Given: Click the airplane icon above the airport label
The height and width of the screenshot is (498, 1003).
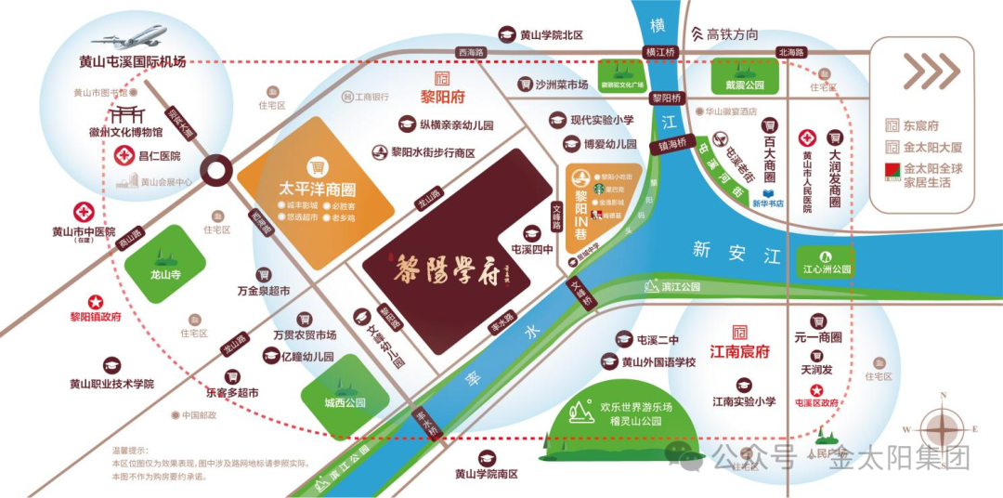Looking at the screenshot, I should pos(131,38).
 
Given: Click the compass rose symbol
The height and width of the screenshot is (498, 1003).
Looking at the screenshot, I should pos(942,428).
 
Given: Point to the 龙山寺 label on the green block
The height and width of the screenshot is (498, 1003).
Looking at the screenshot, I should pos(163,274).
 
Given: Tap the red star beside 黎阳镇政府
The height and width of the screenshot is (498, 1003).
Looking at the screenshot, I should pos(95,302).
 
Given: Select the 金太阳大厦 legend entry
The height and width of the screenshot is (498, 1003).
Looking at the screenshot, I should pos(933,147).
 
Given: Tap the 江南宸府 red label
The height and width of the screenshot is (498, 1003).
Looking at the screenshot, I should pos(740,352).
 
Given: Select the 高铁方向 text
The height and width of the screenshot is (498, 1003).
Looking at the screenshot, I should pos(732,34).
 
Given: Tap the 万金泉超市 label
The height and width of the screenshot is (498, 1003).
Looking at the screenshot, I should pos(264,291).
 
